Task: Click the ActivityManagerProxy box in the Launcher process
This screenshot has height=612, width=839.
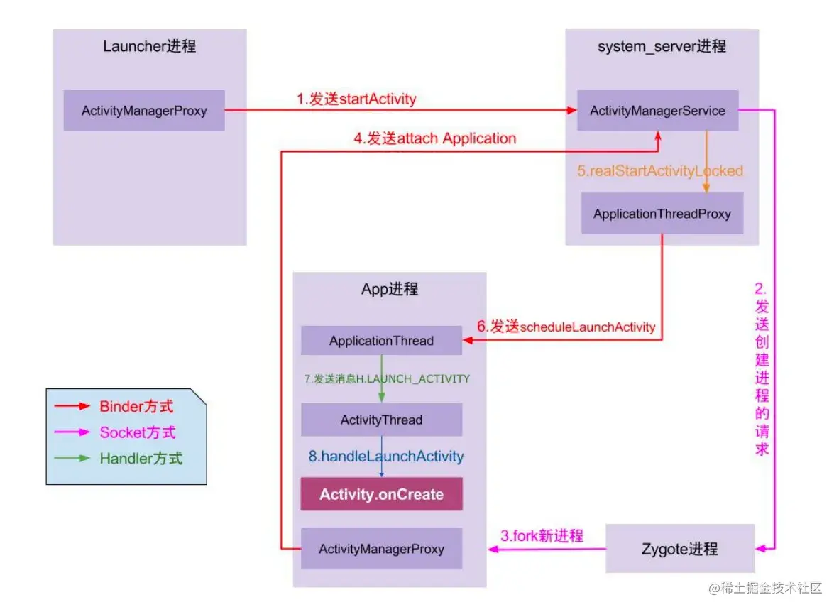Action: tap(144, 110)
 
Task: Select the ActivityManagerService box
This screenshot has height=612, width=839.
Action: tap(657, 110)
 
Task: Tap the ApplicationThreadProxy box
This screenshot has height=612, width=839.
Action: tap(662, 213)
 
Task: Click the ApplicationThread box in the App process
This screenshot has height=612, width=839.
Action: tap(381, 341)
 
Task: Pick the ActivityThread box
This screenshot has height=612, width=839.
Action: tap(381, 420)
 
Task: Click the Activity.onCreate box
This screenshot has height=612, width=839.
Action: tap(381, 494)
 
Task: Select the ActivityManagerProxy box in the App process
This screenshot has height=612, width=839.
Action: tap(381, 549)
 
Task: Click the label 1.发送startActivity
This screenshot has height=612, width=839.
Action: tap(356, 99)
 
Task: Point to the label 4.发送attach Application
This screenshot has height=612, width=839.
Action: tap(435, 138)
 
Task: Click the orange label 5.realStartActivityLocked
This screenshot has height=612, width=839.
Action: tap(659, 170)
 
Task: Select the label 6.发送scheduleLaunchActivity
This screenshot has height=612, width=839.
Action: tap(566, 327)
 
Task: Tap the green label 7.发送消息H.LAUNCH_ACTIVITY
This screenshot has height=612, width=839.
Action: tap(387, 378)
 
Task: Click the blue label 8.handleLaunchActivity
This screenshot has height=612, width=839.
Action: tap(385, 457)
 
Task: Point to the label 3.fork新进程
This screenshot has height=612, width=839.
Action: tap(542, 536)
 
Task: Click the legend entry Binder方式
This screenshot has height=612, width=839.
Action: tap(136, 407)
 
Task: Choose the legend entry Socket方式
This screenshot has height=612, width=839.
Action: tap(137, 432)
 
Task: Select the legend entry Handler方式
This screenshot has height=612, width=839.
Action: tap(141, 458)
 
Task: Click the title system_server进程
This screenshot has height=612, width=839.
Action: tap(662, 47)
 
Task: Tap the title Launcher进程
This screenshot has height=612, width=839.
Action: tap(149, 47)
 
